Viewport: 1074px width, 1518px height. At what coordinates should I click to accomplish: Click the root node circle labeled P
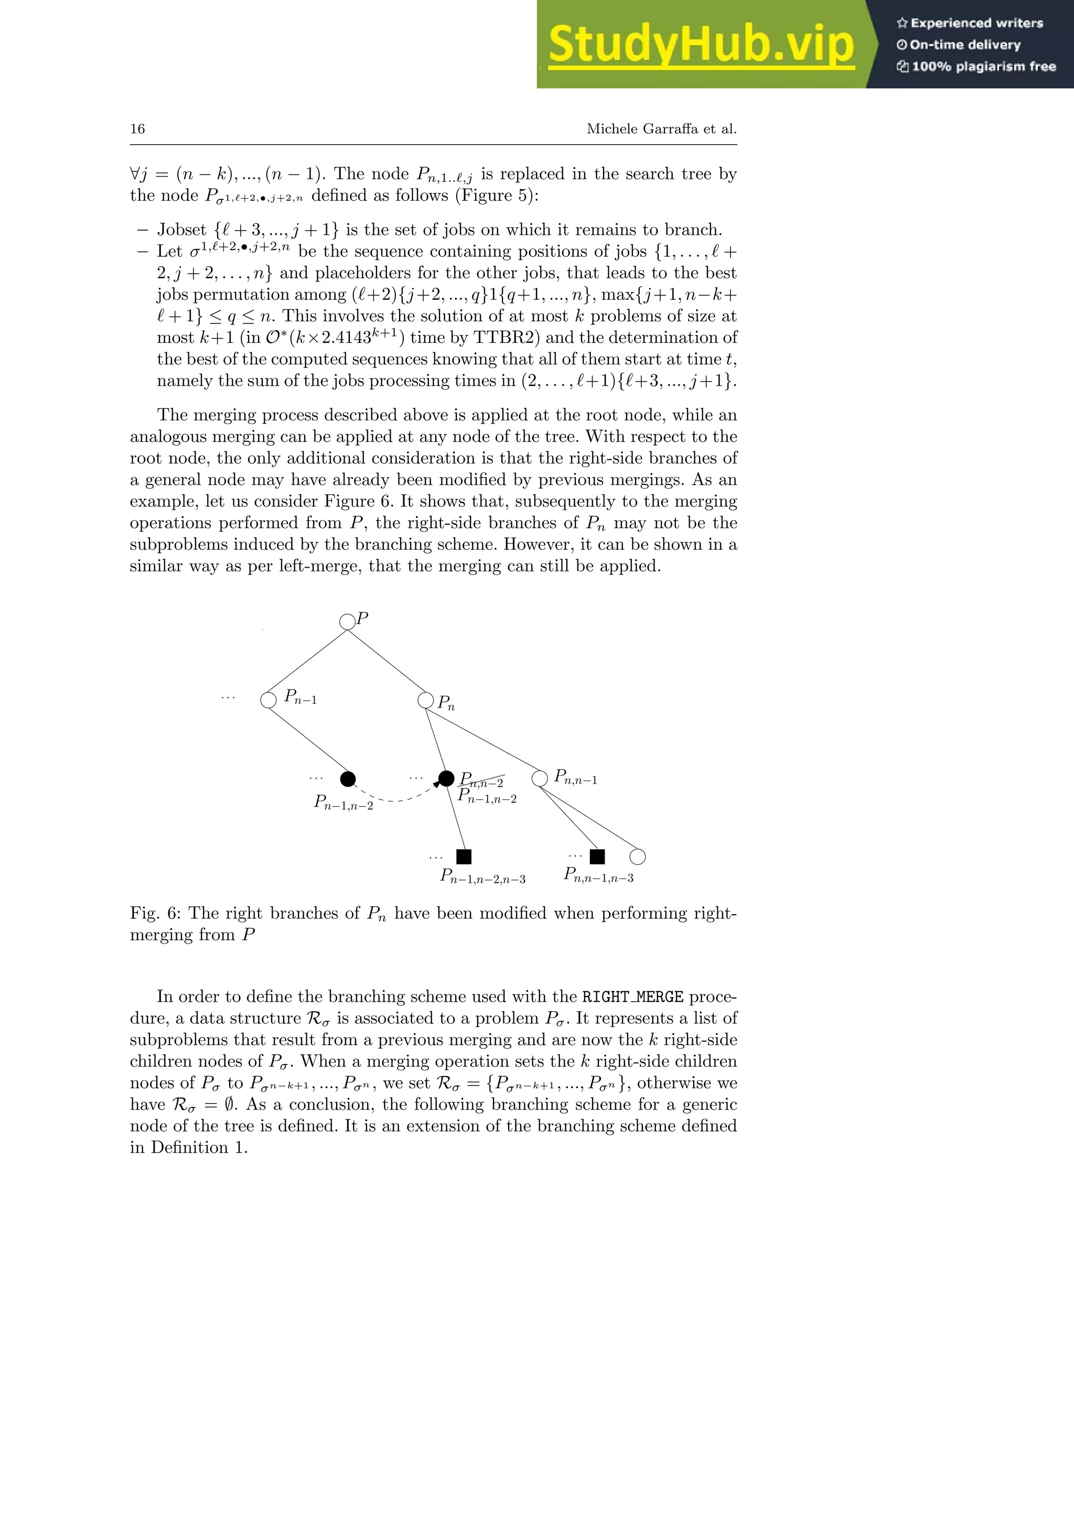pyautogui.click(x=347, y=622)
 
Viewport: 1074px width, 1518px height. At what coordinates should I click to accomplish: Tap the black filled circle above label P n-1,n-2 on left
pyautogui.click(x=348, y=779)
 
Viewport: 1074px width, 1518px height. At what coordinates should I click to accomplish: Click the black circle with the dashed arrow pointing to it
pyautogui.click(x=446, y=778)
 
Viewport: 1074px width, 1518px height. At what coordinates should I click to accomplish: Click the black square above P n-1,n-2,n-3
pyautogui.click(x=464, y=857)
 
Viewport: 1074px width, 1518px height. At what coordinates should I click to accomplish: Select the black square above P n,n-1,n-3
pyautogui.click(x=597, y=857)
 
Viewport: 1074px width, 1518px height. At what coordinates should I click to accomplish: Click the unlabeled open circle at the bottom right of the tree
pyautogui.click(x=638, y=857)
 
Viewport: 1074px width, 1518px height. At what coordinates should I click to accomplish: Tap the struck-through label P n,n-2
pyautogui.click(x=482, y=781)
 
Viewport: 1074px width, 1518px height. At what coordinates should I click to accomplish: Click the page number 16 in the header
pyautogui.click(x=137, y=129)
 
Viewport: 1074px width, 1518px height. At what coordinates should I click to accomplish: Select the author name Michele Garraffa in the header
pyautogui.click(x=641, y=129)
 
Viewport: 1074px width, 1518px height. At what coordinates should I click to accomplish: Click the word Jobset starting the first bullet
pyautogui.click(x=182, y=230)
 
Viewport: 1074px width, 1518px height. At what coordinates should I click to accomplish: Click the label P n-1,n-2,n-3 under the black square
pyautogui.click(x=483, y=877)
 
